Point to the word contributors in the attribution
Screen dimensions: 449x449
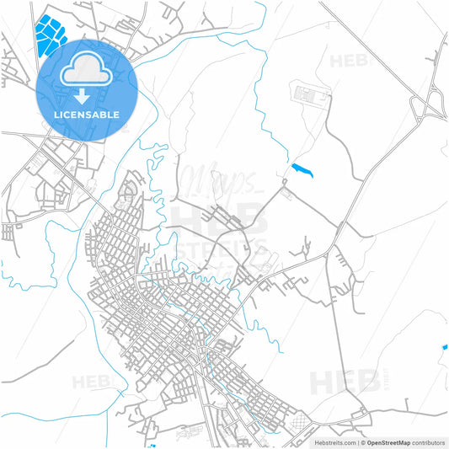point(427,441)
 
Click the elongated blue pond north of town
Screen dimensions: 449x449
point(302,170)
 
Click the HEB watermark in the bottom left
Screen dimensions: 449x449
point(89,382)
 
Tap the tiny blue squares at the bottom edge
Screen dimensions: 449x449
point(152,446)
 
